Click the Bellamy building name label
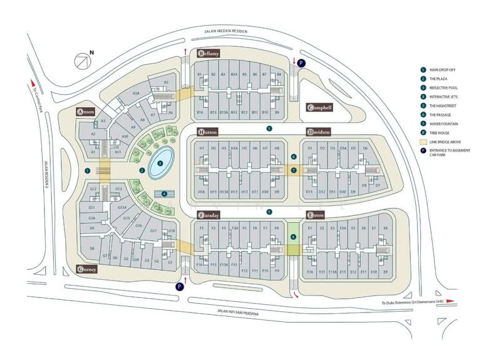pyautogui.click(x=211, y=54)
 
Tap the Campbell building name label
pyautogui.click(x=319, y=108)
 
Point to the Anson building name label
pyautogui.click(x=86, y=112)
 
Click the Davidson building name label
pyautogui.click(x=319, y=132)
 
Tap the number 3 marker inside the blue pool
pyautogui.click(x=160, y=163)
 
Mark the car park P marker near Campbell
pyautogui.click(x=301, y=63)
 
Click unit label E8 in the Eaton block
pyautogui.click(x=385, y=229)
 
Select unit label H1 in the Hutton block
pyautogui.click(x=202, y=148)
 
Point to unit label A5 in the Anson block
pyautogui.click(x=166, y=82)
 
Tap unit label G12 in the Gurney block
pyautogui.click(x=92, y=188)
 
